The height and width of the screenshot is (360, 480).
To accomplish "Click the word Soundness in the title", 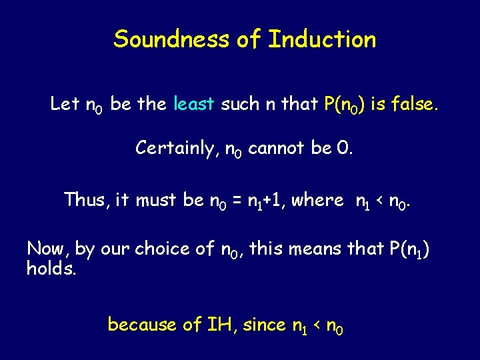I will (x=171, y=39).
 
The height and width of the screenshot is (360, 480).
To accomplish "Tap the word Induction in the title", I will (x=322, y=39).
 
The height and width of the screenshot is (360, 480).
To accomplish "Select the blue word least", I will (x=193, y=104).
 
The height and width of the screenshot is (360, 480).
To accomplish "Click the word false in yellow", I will (x=414, y=104).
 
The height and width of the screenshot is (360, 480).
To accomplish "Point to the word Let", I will (x=65, y=104).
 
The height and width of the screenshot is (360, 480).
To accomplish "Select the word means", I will (x=320, y=249).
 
